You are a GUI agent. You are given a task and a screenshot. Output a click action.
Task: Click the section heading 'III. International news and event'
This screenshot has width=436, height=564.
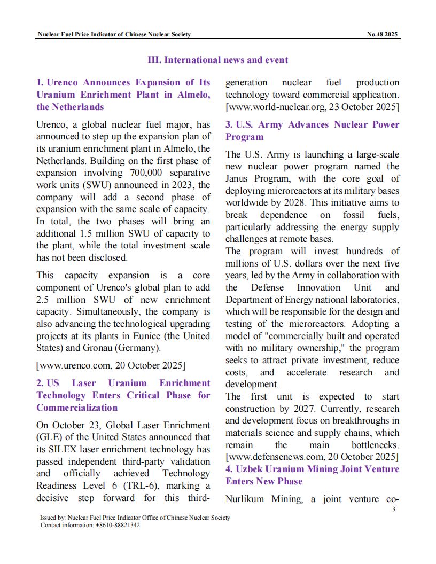pyautogui.click(x=217, y=60)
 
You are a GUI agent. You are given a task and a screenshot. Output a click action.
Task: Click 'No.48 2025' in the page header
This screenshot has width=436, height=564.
pyautogui.click(x=383, y=34)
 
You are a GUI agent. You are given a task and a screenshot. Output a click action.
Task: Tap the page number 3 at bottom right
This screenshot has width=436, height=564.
pyautogui.click(x=393, y=510)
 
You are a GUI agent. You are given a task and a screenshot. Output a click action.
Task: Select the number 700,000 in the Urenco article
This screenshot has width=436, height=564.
pyautogui.click(x=150, y=173)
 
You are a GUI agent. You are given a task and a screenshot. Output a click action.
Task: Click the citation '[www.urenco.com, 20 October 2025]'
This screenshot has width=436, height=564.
pyautogui.click(x=111, y=365)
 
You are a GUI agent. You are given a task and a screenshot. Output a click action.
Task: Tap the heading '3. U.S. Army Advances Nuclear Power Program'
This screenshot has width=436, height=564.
pyautogui.click(x=312, y=130)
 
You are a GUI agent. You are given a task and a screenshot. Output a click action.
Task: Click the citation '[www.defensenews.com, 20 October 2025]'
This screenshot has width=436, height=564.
pyautogui.click(x=312, y=457)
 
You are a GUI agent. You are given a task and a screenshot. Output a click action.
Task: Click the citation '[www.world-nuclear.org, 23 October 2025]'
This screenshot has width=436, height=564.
pyautogui.click(x=312, y=107)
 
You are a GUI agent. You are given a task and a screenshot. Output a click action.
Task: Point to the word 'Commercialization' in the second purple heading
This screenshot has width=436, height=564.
pyautogui.click(x=77, y=408)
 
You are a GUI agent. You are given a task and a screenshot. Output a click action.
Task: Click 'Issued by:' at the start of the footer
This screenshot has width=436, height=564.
pyautogui.click(x=53, y=518)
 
